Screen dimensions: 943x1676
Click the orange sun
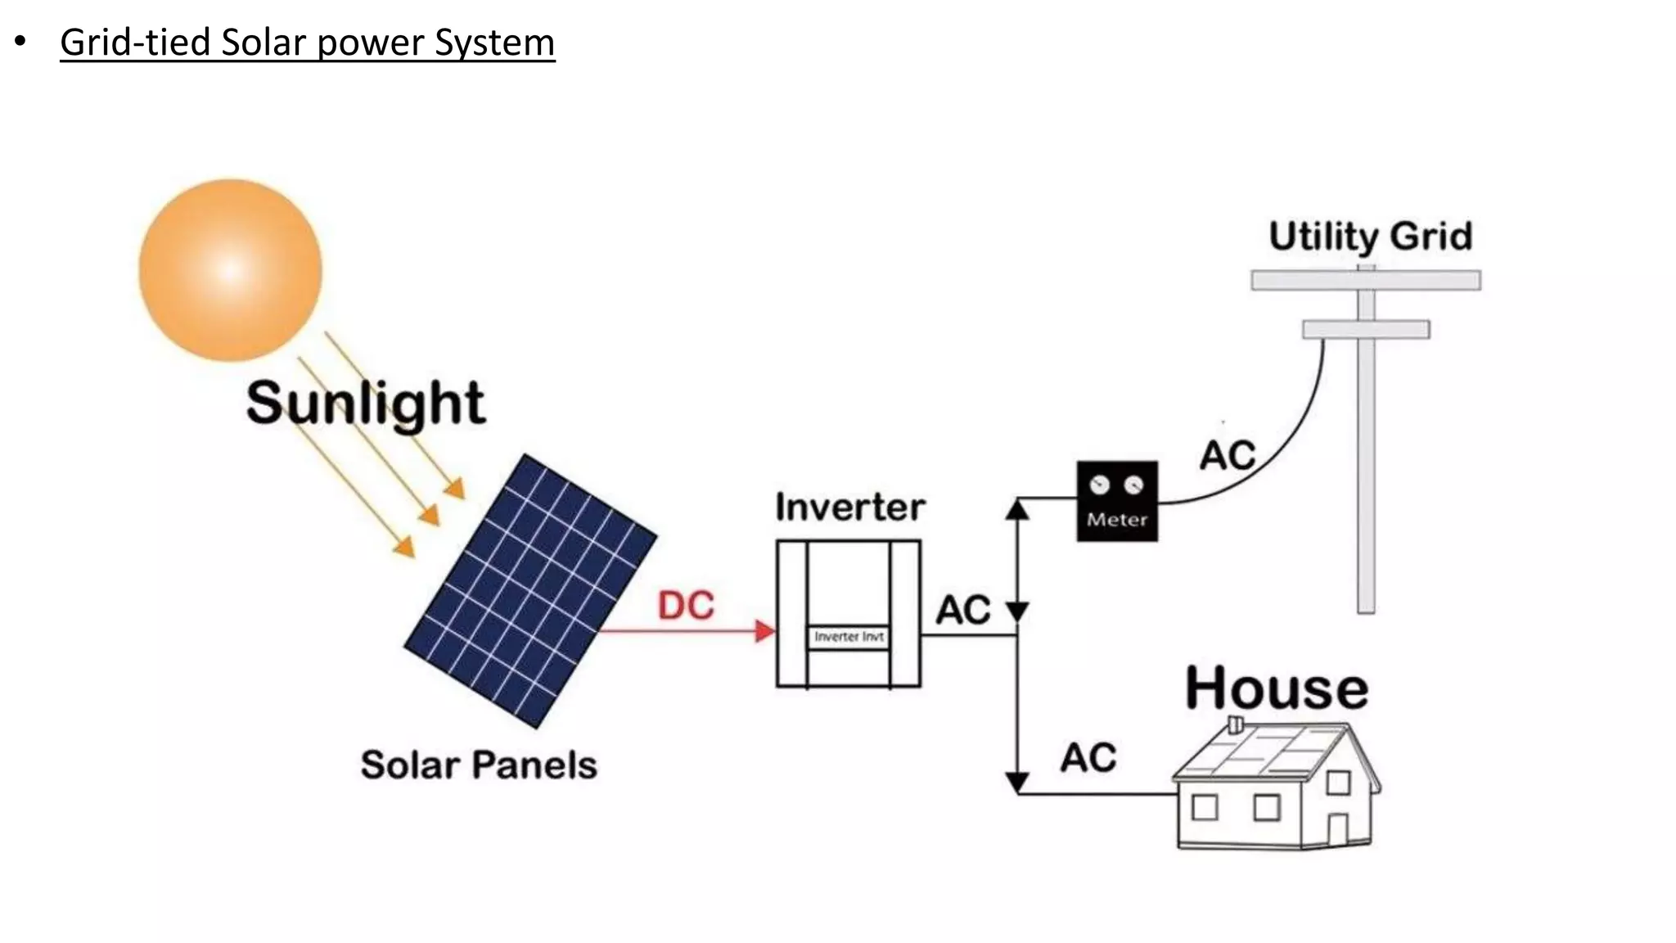[x=230, y=269]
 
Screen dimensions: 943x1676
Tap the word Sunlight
[x=365, y=403]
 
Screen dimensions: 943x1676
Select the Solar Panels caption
[x=479, y=765]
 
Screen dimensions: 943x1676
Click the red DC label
[x=686, y=607]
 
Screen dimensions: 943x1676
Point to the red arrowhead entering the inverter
[x=765, y=631]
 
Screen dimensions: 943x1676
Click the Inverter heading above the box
[x=849, y=508]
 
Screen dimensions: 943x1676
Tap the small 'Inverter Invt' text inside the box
[x=849, y=637]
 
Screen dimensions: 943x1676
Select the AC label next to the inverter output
[x=962, y=611]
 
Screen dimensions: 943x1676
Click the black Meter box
[x=1117, y=501]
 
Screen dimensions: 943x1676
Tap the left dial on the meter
[x=1100, y=485]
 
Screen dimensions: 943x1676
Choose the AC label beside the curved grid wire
[x=1227, y=456]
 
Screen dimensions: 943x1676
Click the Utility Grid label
[x=1370, y=237]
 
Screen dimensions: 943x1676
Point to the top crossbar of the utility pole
[x=1365, y=281]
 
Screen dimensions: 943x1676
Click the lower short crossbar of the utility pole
[x=1365, y=329]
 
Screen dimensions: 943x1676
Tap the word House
[x=1276, y=688]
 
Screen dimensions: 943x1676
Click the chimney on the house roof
[x=1236, y=724]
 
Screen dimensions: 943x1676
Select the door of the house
[x=1337, y=828]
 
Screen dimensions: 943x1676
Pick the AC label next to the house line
[x=1088, y=758]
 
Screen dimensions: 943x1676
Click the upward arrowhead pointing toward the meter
[x=1017, y=510]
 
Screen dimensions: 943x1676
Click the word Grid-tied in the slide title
[x=134, y=43]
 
